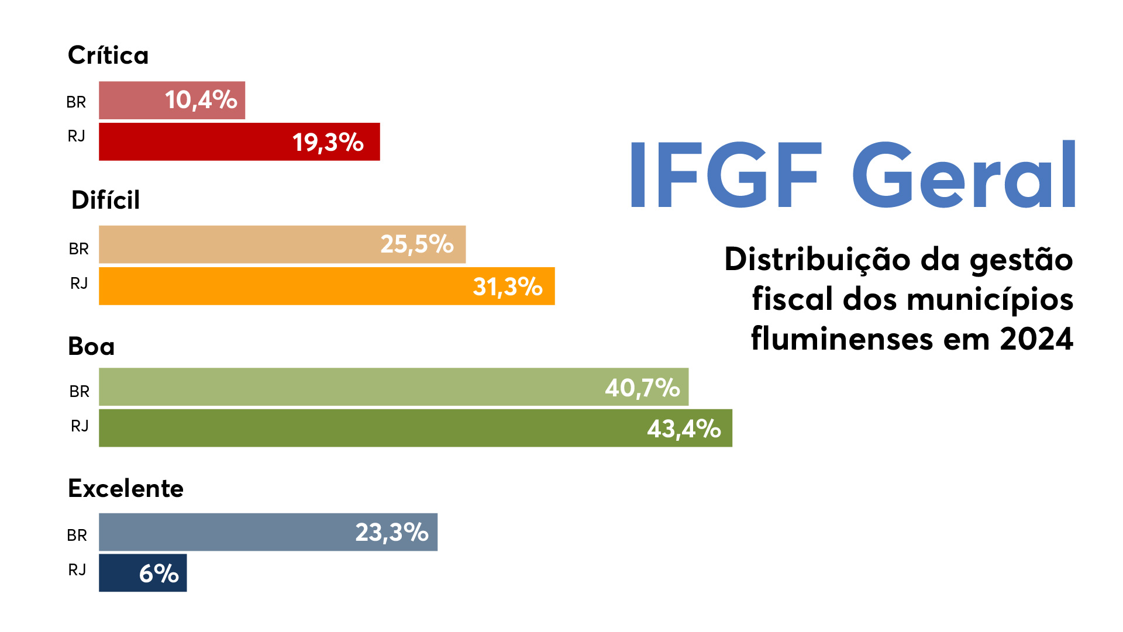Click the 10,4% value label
click(x=201, y=100)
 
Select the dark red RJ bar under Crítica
click(x=239, y=141)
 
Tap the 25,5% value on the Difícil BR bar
click(x=416, y=244)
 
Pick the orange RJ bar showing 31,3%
click(x=326, y=286)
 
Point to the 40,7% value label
click(x=642, y=388)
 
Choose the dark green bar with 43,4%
click(x=415, y=428)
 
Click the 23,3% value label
click(x=392, y=532)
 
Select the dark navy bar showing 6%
click(x=143, y=573)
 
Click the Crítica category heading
click(x=108, y=56)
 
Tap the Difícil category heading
click(x=105, y=200)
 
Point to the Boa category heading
click(x=91, y=346)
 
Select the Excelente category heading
click(x=126, y=488)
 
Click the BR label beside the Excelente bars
click(x=77, y=535)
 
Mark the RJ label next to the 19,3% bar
click(x=77, y=136)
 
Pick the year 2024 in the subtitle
click(x=1036, y=339)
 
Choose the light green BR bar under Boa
click(x=394, y=386)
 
